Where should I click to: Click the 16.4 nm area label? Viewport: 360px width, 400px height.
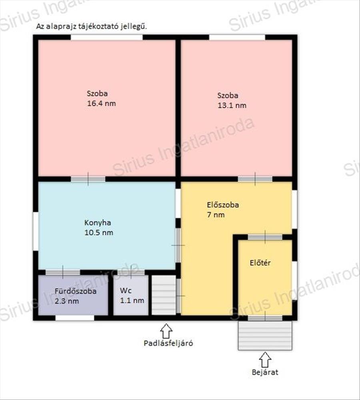pyautogui.click(x=101, y=104)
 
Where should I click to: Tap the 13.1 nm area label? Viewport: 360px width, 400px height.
pyautogui.click(x=232, y=105)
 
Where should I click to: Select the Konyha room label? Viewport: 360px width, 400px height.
pyautogui.click(x=98, y=223)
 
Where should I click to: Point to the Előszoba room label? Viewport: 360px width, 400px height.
pyautogui.click(x=223, y=205)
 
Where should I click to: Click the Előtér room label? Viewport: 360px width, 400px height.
pyautogui.click(x=260, y=263)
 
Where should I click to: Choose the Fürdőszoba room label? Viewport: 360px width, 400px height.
pyautogui.click(x=76, y=291)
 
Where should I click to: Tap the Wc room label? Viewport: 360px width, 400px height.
pyautogui.click(x=126, y=290)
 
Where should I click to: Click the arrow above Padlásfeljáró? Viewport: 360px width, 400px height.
pyautogui.click(x=166, y=331)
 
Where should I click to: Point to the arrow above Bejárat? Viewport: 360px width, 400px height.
pyautogui.click(x=265, y=360)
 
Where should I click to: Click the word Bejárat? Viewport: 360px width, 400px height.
pyautogui.click(x=265, y=372)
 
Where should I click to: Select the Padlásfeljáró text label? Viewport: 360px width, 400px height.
pyautogui.click(x=168, y=343)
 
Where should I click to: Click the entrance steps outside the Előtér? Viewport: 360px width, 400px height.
pyautogui.click(x=265, y=336)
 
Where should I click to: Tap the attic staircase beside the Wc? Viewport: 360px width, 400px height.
pyautogui.click(x=164, y=295)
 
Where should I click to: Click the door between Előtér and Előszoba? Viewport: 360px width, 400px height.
pyautogui.click(x=265, y=237)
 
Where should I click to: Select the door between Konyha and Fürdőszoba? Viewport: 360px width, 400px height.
pyautogui.click(x=63, y=272)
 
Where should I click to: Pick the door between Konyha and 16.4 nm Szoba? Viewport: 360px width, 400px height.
pyautogui.click(x=88, y=179)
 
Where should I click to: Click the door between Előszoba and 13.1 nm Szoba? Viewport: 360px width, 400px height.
pyautogui.click(x=255, y=179)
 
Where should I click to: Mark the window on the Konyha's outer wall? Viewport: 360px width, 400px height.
pyautogui.click(x=36, y=231)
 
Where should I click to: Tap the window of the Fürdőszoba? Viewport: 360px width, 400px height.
pyautogui.click(x=75, y=318)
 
